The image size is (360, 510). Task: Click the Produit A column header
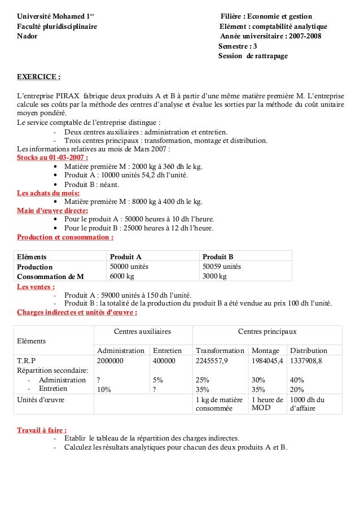tap(125, 256)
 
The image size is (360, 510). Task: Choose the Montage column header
tap(265, 350)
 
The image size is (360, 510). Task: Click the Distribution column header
tap(307, 350)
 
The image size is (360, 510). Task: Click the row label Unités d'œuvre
tap(40, 399)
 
